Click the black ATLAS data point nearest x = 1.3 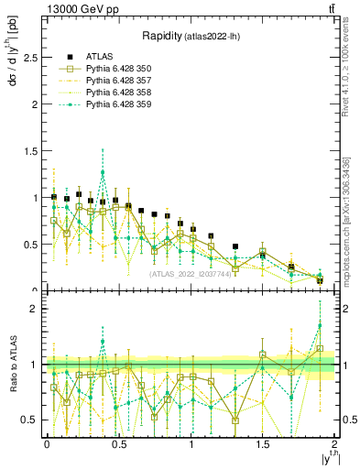(235, 246)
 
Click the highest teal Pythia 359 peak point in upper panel (103, 172)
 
